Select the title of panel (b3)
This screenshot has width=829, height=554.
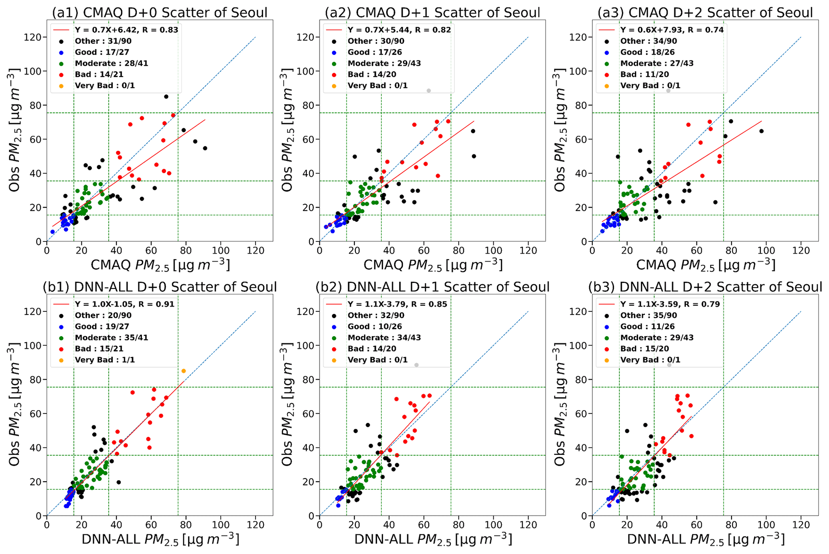pos(705,287)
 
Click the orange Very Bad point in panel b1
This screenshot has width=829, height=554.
pos(184,371)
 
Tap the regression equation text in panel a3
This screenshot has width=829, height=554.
pos(672,30)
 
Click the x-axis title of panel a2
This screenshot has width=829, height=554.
pos(432,265)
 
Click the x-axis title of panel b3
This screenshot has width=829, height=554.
pos(705,540)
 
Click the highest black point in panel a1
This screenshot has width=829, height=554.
pos(166,97)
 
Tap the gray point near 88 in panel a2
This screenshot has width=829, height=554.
pos(429,91)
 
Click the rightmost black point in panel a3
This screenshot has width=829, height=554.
pos(761,131)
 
